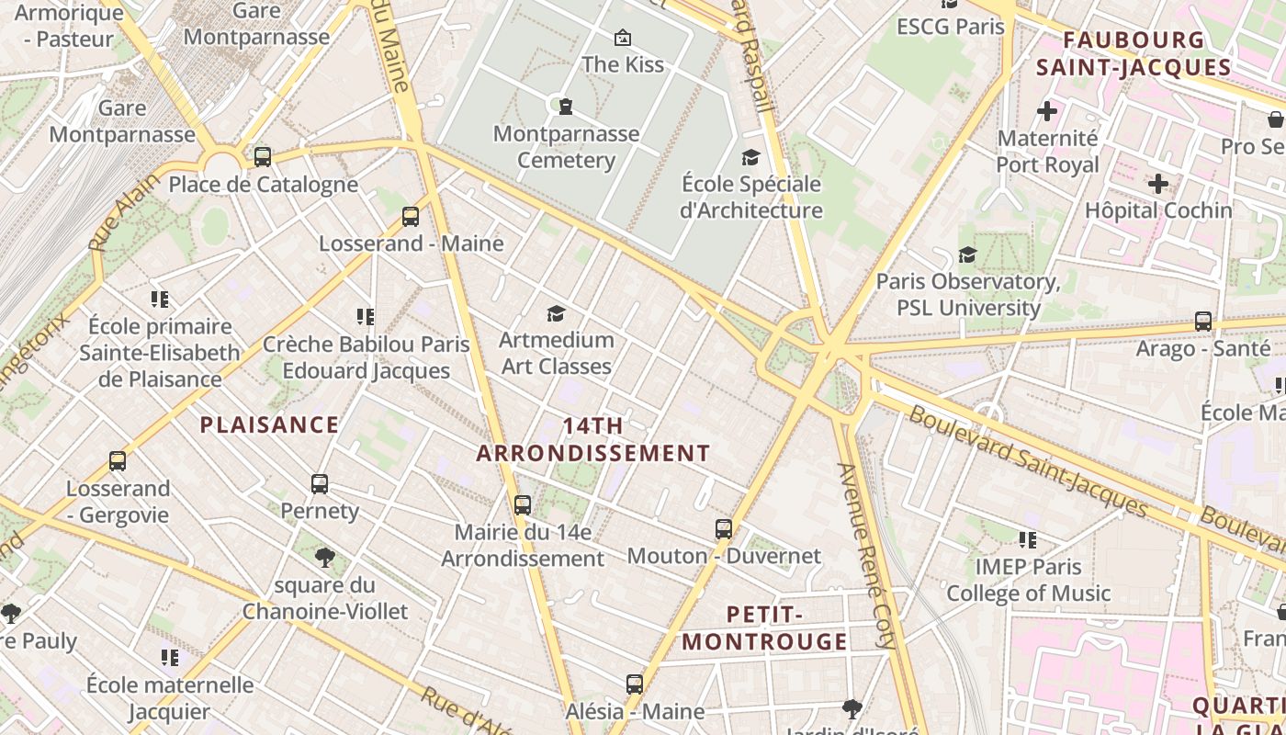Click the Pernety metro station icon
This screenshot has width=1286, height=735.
320,483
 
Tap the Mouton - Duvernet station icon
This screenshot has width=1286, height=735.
724,528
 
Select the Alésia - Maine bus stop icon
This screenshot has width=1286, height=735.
635,684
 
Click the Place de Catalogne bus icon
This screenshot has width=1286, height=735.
263,156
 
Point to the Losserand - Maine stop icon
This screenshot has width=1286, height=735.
411,217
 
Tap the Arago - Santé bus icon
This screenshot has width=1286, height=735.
1203,322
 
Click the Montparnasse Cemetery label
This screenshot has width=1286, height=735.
566,147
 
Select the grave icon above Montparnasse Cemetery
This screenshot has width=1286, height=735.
566,107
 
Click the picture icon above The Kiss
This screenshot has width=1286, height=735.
623,38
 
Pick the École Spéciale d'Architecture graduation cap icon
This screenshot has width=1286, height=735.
751,157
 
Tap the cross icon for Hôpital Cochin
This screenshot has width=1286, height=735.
1158,184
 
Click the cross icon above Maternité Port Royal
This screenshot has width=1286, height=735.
1047,112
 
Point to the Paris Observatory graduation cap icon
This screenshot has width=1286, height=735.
967,254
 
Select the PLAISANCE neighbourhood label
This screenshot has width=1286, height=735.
269,424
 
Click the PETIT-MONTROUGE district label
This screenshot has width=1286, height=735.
764,628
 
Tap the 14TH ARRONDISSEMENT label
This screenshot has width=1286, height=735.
593,439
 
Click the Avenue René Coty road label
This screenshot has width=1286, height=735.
865,556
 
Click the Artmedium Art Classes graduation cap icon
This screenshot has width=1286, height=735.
556,314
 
